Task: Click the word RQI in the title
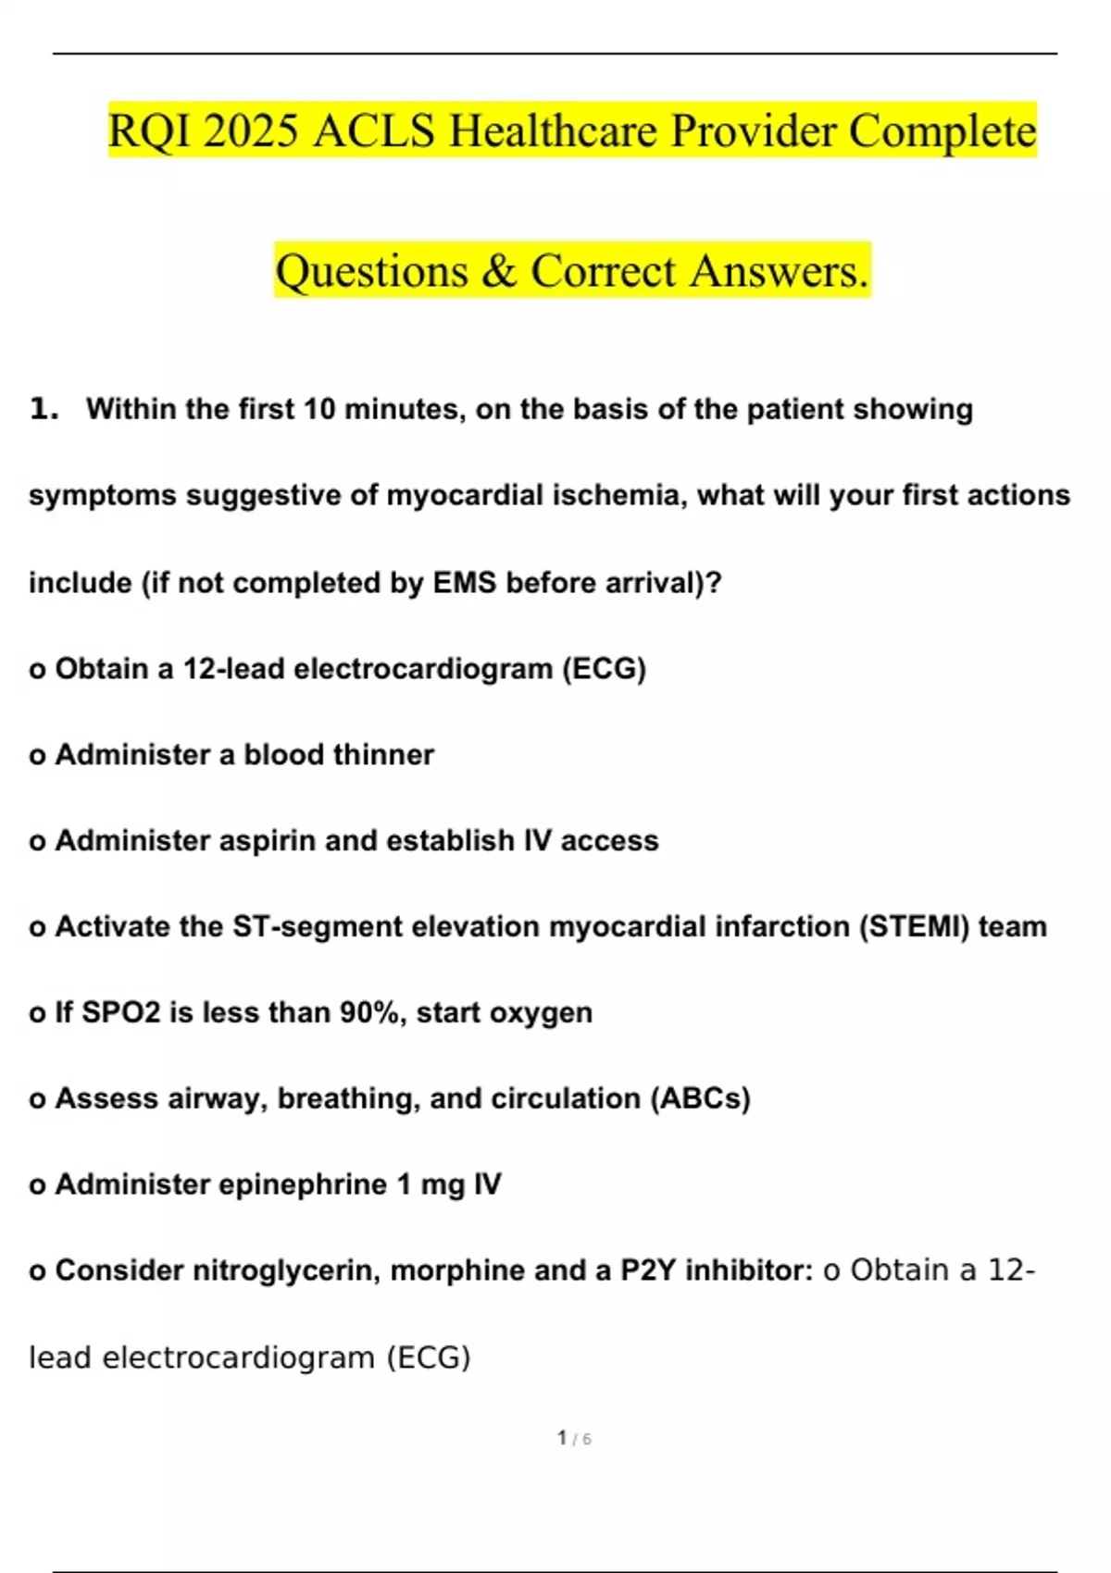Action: pos(149,130)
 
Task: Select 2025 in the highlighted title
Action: pos(251,130)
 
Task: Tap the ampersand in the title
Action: pos(499,271)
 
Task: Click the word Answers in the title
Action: pos(779,271)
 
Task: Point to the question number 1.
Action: pos(43,408)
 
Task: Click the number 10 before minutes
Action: pos(319,409)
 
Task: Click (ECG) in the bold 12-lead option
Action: pos(604,668)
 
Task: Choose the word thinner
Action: pos(385,754)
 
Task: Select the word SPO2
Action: pos(121,1012)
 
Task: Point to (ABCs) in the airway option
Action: pos(700,1098)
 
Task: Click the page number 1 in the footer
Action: pos(562,1437)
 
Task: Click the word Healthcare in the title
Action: pos(554,130)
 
